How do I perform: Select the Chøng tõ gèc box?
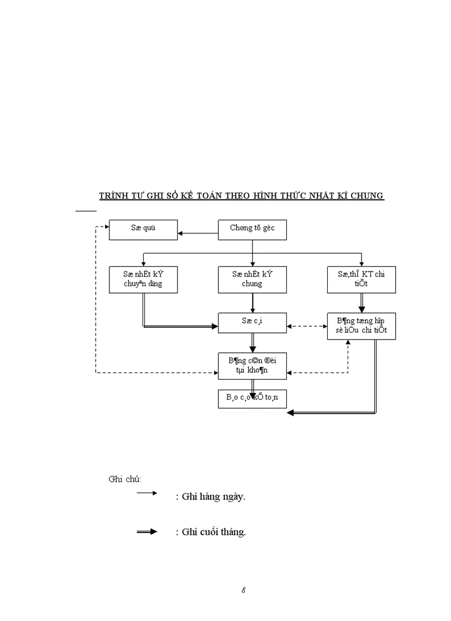click(x=252, y=229)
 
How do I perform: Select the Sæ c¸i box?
click(x=252, y=323)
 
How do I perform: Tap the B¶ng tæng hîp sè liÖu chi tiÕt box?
click(x=361, y=326)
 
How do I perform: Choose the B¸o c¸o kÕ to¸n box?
click(x=252, y=398)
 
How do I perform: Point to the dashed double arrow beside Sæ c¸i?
click(x=307, y=326)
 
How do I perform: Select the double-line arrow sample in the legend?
click(x=147, y=531)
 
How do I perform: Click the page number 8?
click(x=243, y=589)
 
